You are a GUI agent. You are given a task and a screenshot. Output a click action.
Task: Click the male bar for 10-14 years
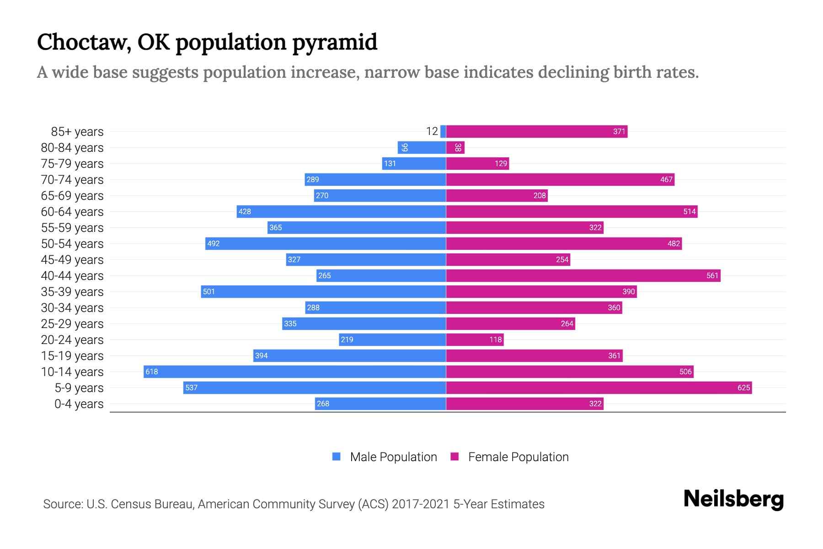click(x=294, y=371)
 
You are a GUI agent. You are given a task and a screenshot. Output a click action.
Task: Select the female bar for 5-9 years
click(x=599, y=388)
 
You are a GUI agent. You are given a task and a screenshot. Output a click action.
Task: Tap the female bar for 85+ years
click(x=536, y=132)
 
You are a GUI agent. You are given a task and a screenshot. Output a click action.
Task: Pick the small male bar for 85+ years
click(x=443, y=132)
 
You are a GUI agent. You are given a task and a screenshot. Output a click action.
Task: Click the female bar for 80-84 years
click(x=455, y=148)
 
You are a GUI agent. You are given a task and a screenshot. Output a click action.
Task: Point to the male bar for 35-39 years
click(x=323, y=291)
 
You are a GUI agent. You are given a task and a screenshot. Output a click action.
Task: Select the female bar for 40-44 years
click(x=583, y=275)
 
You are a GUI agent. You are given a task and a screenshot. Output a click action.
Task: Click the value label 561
click(x=712, y=275)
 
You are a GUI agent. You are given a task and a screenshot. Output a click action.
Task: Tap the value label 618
click(x=151, y=371)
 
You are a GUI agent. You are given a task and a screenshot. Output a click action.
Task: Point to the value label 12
click(x=432, y=132)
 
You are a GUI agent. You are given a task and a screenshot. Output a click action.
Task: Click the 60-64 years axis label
click(x=72, y=212)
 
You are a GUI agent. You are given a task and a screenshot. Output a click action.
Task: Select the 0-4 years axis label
click(x=79, y=404)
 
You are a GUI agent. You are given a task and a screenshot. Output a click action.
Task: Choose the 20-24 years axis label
click(x=72, y=340)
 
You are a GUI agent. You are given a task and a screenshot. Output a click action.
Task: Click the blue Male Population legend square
click(x=337, y=457)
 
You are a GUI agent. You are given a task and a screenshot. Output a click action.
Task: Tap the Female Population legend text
click(x=518, y=457)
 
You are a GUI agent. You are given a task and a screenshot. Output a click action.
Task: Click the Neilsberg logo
click(x=733, y=499)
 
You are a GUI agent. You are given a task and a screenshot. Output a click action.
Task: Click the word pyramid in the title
click(x=335, y=42)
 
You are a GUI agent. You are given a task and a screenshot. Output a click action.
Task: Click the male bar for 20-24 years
click(x=392, y=339)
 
